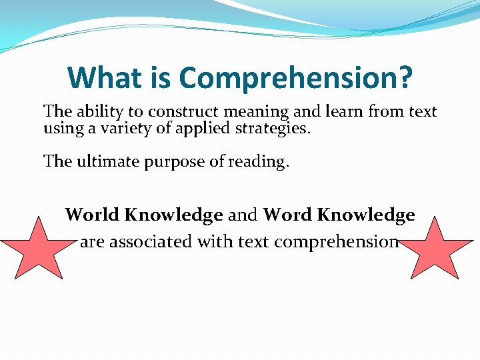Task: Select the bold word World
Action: click(x=92, y=215)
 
